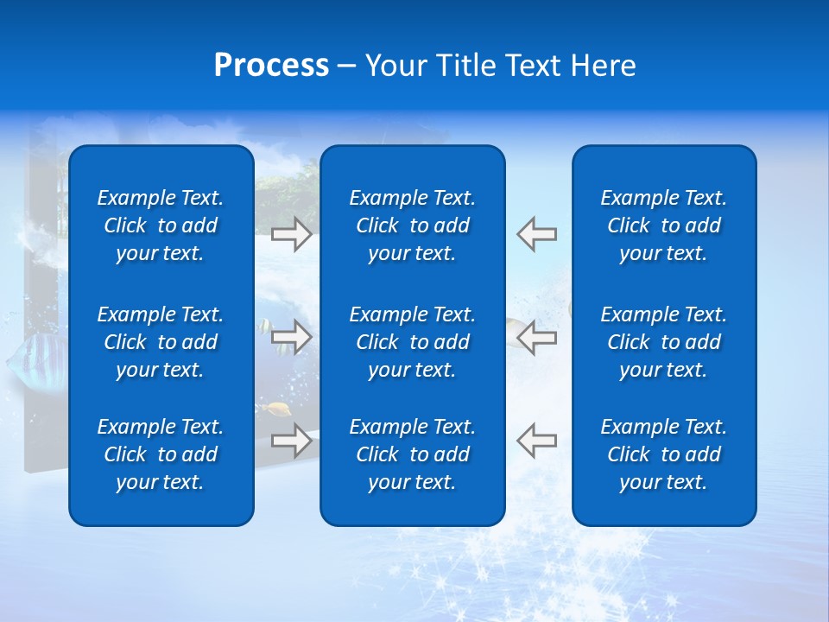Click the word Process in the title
pyautogui.click(x=271, y=66)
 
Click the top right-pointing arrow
pyautogui.click(x=292, y=234)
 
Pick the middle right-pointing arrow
pyautogui.click(x=292, y=337)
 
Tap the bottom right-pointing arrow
pyautogui.click(x=292, y=441)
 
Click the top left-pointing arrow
pyautogui.click(x=536, y=234)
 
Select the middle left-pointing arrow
pyautogui.click(x=536, y=337)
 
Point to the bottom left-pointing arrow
pyautogui.click(x=536, y=441)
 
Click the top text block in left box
pyautogui.click(x=161, y=225)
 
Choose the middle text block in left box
pyautogui.click(x=161, y=342)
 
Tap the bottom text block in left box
pyautogui.click(x=161, y=454)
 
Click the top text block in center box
pyautogui.click(x=412, y=225)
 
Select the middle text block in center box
pyautogui.click(x=412, y=342)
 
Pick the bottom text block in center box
pyautogui.click(x=412, y=454)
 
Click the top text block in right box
pyautogui.click(x=663, y=225)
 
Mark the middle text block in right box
pyautogui.click(x=663, y=342)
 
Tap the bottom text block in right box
pyautogui.click(x=663, y=454)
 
